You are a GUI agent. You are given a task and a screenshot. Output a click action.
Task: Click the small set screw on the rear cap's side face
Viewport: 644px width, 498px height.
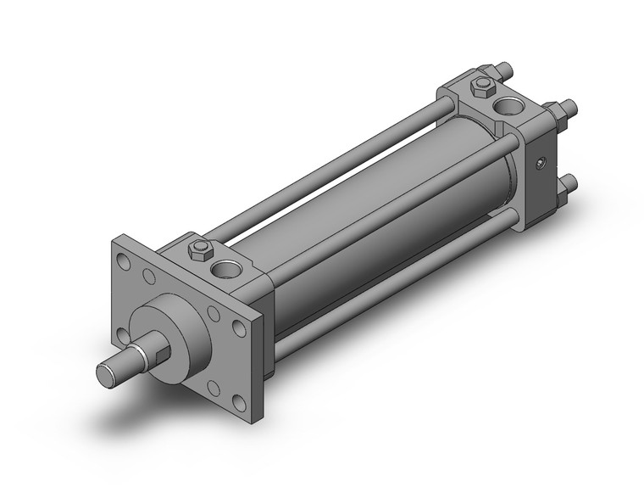coord(539,164)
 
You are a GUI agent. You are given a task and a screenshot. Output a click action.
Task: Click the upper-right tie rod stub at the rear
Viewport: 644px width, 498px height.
coord(569,108)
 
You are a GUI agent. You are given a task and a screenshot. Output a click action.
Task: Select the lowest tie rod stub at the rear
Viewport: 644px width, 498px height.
coord(571,182)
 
